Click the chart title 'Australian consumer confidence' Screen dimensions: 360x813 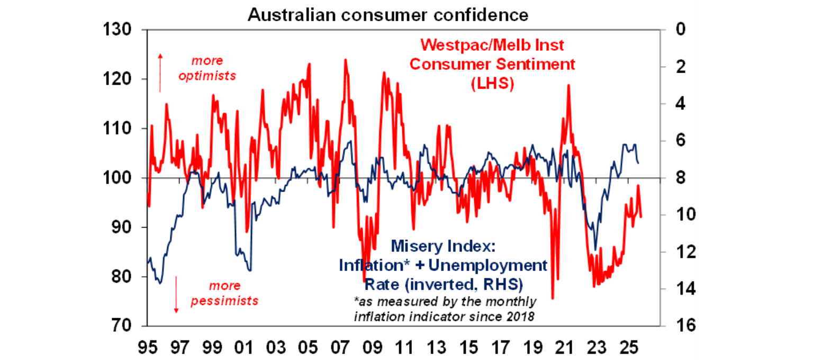tap(388, 15)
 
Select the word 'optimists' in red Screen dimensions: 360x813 tap(207, 76)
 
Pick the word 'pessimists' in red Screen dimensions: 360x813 tap(224, 301)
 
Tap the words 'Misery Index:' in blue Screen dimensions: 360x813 tap(441, 246)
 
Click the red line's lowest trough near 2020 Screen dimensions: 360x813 tap(553, 299)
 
